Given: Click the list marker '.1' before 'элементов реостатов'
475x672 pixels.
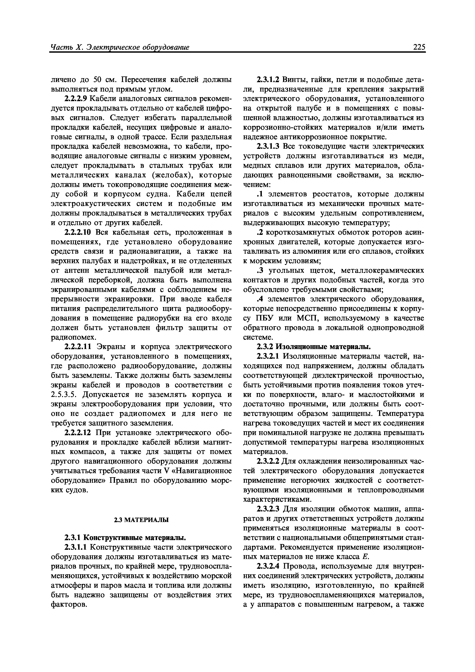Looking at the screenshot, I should (x=260, y=194).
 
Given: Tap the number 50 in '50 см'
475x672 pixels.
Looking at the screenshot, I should (x=98, y=80).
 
